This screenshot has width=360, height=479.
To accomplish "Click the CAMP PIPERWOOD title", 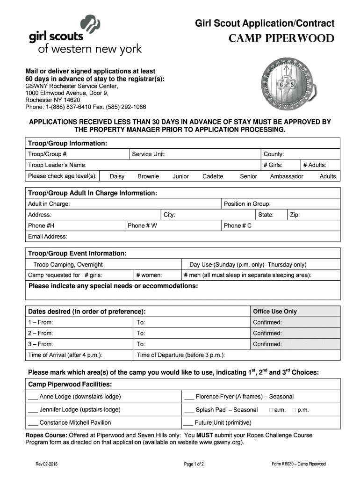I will point(281,38).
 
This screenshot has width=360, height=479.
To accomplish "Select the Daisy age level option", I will point(117,176).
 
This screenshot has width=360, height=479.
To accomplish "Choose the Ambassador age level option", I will point(287,176).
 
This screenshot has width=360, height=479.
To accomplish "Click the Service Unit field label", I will point(148,154).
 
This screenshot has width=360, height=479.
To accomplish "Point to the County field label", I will point(274,154).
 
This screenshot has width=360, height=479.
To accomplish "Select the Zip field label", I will point(295,215).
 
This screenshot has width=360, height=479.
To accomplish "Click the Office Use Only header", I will point(274,312).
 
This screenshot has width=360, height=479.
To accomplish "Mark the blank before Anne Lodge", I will point(33,397).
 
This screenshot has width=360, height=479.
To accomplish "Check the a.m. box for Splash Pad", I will point(271,410).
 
